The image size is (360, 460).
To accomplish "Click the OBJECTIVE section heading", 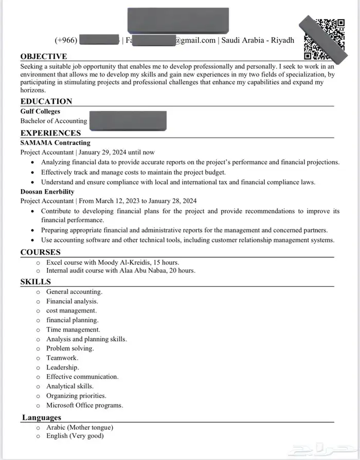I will (44, 57).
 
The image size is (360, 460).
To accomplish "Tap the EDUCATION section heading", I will (46, 101).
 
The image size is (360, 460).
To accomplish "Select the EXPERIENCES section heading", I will (50, 133).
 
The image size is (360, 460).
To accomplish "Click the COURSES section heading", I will (40, 252).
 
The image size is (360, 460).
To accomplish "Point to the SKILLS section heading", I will (35, 282).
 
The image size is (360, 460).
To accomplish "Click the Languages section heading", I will (42, 417).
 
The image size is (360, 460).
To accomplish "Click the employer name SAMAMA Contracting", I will (55, 142).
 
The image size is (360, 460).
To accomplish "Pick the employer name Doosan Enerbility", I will (47, 192).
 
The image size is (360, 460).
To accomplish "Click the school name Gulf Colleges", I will (40, 111).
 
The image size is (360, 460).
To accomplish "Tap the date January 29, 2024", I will (104, 152).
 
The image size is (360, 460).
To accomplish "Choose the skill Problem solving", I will (70, 348).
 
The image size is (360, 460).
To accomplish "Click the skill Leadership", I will (62, 367).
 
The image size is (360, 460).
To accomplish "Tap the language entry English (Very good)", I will (75, 436).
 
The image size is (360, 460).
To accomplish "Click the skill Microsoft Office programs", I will (84, 406).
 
